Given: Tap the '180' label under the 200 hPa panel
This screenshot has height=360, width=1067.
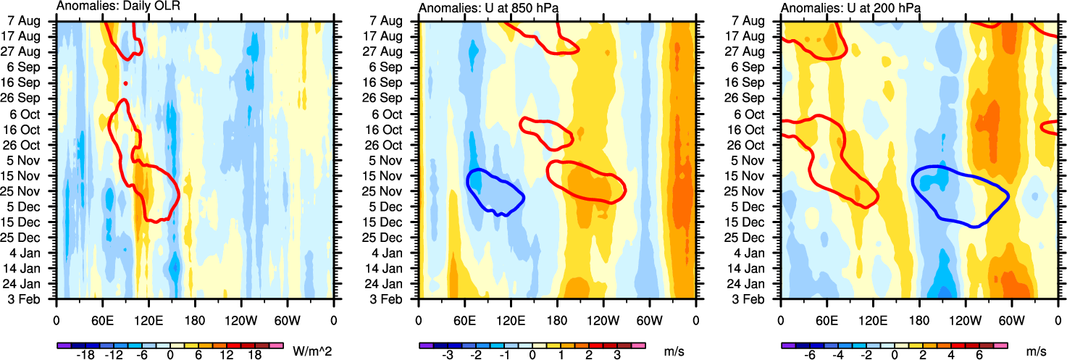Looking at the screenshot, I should pyautogui.click(x=919, y=319).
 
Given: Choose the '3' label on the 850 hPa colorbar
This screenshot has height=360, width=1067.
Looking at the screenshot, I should pyautogui.click(x=616, y=355).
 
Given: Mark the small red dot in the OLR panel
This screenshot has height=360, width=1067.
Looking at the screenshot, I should pyautogui.click(x=125, y=83).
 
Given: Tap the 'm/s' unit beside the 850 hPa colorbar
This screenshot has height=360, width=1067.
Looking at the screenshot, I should pyautogui.click(x=674, y=351).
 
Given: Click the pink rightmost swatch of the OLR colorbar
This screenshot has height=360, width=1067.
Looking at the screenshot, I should pyautogui.click(x=274, y=346).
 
